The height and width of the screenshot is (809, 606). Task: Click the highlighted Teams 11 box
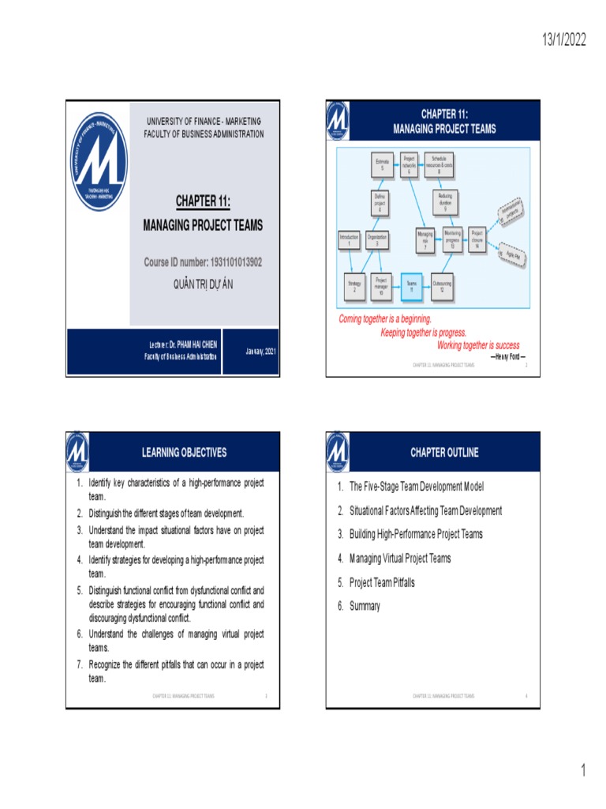coord(411,286)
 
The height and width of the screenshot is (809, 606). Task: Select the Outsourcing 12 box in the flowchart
coord(442,286)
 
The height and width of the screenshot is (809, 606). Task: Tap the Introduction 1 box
coord(349,240)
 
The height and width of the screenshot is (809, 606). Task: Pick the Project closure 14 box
coord(477,239)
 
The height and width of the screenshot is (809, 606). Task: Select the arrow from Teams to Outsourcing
coord(426,286)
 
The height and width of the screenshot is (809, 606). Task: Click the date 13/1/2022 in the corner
coord(563,40)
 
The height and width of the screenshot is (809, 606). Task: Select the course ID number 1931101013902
coord(202,261)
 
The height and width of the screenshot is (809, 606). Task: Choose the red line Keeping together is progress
coord(424,332)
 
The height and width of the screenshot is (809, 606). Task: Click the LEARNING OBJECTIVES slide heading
coord(184,453)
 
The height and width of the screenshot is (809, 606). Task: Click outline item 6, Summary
coord(365,606)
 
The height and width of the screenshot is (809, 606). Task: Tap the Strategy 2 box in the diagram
coord(354,286)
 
